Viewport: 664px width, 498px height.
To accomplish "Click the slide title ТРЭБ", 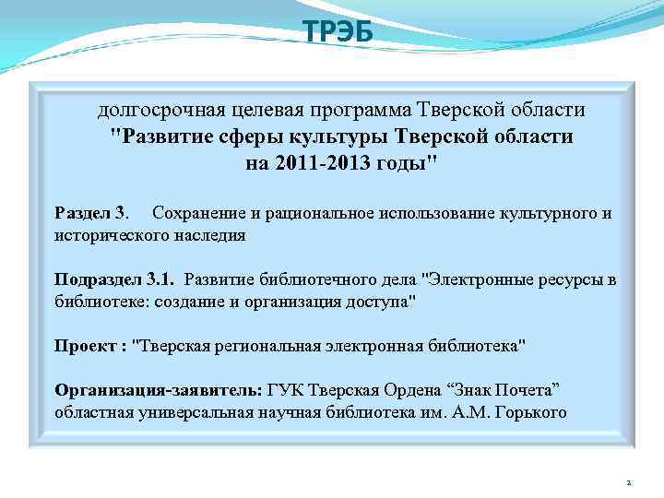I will click(x=338, y=32).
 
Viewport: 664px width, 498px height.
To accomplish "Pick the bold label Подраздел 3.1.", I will click(x=117, y=279).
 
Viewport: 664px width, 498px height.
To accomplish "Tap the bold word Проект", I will click(x=85, y=346).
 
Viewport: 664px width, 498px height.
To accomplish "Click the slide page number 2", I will click(x=627, y=482).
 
